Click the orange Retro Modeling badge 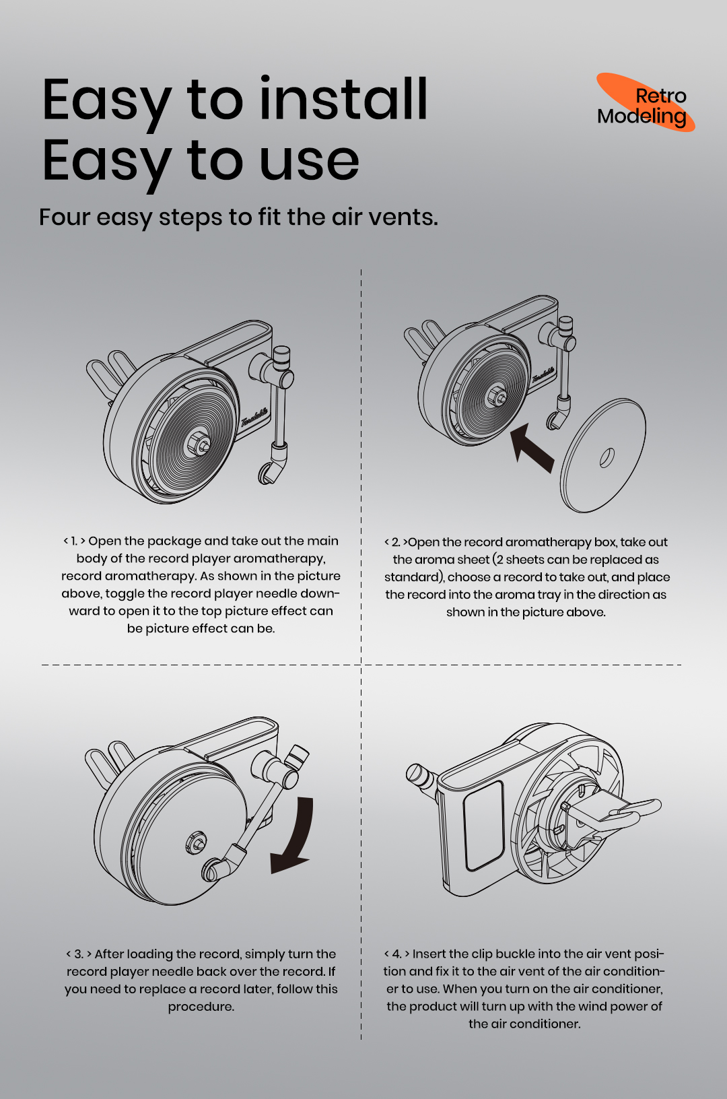[645, 103]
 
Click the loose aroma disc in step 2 [603, 455]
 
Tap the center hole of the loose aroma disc [607, 458]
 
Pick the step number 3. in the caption [79, 954]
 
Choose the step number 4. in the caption [397, 954]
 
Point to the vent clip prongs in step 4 [629, 811]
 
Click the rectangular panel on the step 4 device [484, 825]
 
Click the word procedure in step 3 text [201, 1007]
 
